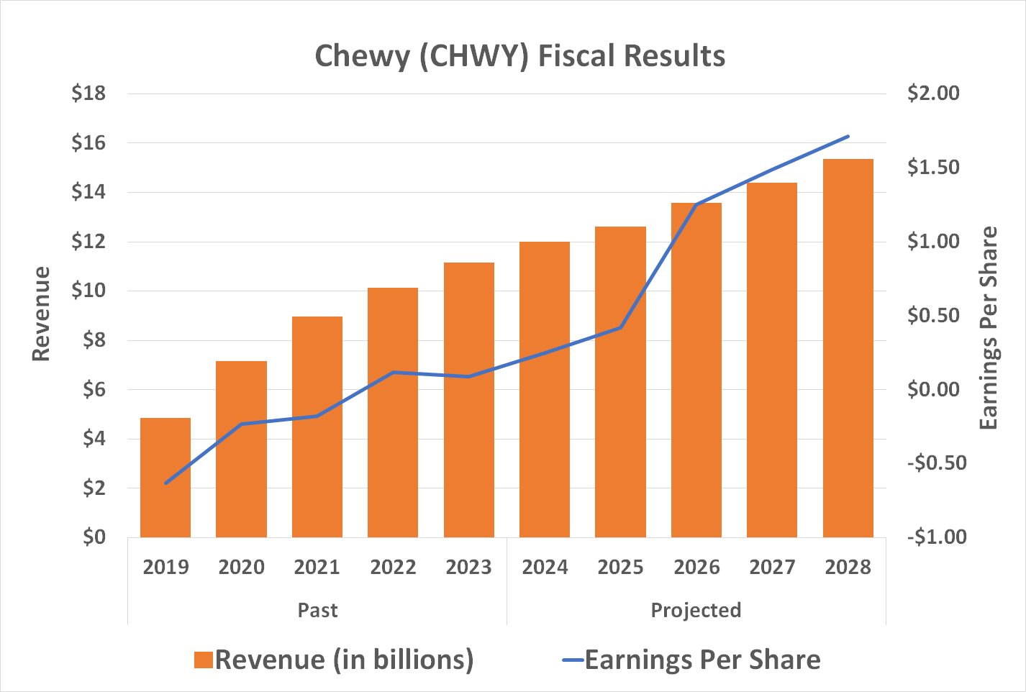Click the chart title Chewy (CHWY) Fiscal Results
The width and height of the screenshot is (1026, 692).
pyautogui.click(x=519, y=56)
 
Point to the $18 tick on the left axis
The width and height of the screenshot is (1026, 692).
pyautogui.click(x=88, y=94)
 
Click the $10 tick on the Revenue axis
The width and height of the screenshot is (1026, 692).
pyautogui.click(x=88, y=291)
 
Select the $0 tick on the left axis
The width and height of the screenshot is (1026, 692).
pyautogui.click(x=94, y=537)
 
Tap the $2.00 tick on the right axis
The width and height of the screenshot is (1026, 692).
pyautogui.click(x=933, y=94)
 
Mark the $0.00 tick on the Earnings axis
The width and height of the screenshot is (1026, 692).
pyautogui.click(x=933, y=389)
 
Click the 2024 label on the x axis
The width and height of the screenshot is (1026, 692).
pyautogui.click(x=545, y=568)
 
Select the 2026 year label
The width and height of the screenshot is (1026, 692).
pyautogui.click(x=696, y=568)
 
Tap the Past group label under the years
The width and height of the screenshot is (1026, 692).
pyautogui.click(x=317, y=610)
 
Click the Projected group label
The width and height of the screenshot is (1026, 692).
pyautogui.click(x=696, y=610)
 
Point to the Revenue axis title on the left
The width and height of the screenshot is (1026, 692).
pyautogui.click(x=42, y=314)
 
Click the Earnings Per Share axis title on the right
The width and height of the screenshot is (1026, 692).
pyautogui.click(x=989, y=328)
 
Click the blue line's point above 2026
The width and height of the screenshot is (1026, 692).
pyautogui.click(x=696, y=206)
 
